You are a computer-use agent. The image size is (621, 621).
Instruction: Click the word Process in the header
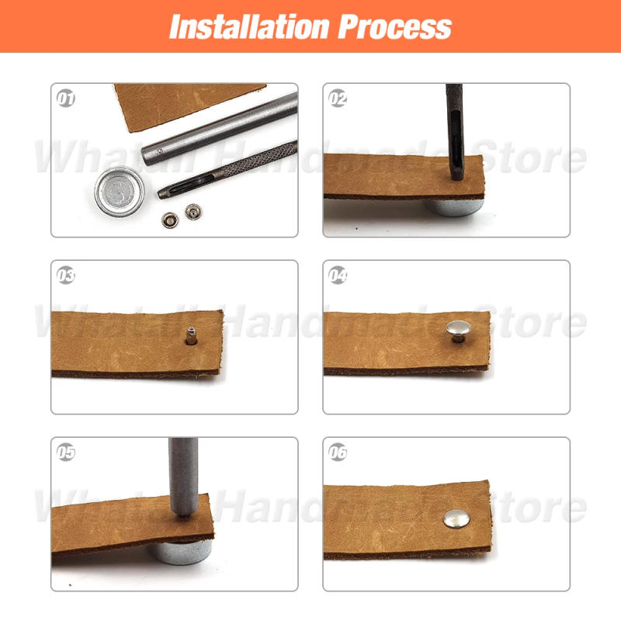click(394, 26)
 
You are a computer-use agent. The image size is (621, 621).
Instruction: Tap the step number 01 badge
click(67, 99)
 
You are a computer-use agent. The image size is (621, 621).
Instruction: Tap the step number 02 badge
click(338, 99)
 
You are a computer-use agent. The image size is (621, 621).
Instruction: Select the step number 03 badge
click(67, 275)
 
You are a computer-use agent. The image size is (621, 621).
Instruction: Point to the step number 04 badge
click(338, 275)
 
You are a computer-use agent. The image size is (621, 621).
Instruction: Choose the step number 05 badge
click(67, 453)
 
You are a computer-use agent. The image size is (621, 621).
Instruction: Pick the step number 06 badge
click(338, 453)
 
